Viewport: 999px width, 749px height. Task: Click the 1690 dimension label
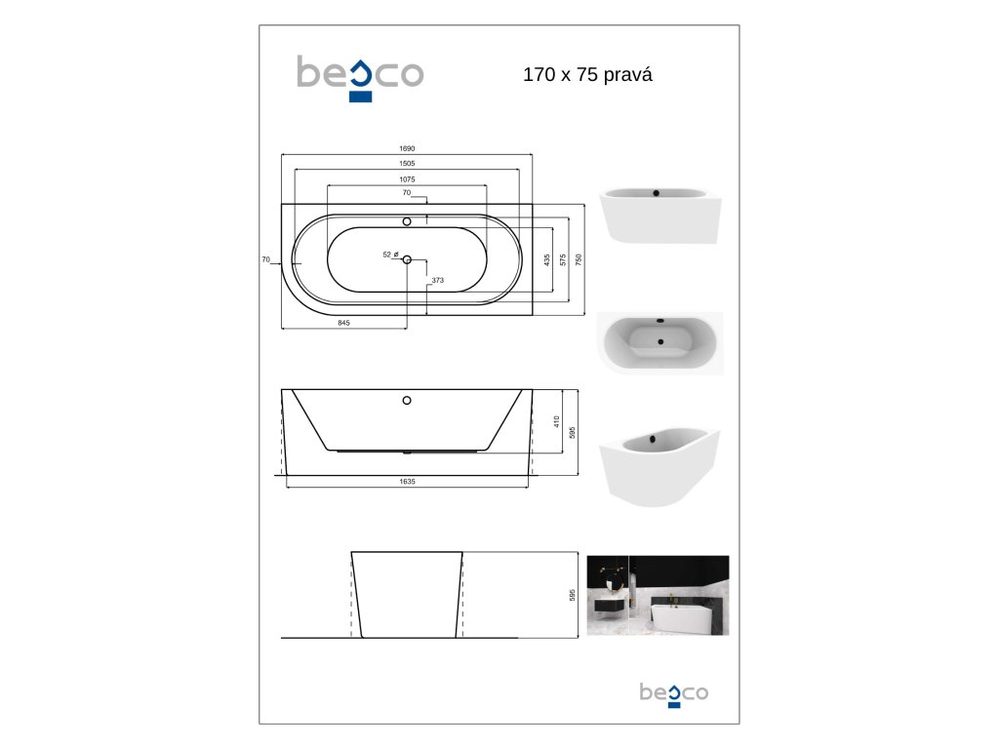tap(407, 148)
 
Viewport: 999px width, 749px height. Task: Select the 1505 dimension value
tap(407, 164)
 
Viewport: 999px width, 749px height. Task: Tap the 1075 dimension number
tap(407, 179)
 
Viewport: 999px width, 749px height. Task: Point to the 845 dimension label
tap(343, 323)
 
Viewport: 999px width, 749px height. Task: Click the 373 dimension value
tap(437, 280)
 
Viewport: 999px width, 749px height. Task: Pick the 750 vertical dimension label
tap(579, 259)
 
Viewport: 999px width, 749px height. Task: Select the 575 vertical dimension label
tap(563, 259)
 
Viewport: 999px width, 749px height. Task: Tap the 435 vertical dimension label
tap(546, 259)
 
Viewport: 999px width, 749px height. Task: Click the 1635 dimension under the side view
tap(407, 482)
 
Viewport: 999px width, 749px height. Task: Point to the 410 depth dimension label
tap(556, 421)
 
